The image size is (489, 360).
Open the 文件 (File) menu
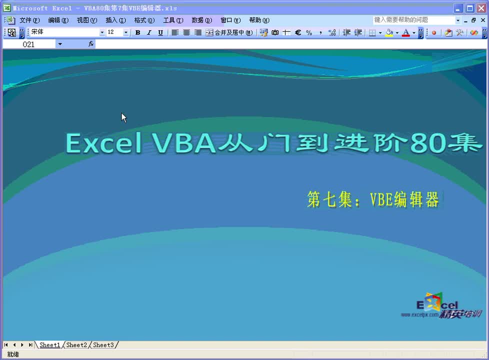pos(29,20)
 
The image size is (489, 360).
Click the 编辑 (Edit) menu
pos(58,20)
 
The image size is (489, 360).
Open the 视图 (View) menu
pos(86,20)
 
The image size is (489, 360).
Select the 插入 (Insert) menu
pos(115,20)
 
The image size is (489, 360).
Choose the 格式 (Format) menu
pos(144,20)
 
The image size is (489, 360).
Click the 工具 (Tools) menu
pos(173,20)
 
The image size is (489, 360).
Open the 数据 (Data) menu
pos(201,20)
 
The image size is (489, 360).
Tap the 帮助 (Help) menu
pos(259,20)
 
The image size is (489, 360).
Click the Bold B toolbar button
pos(137,32)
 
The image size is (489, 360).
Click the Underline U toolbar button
pos(160,32)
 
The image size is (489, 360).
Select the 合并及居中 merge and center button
pos(229,32)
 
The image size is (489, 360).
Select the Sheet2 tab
pos(76,345)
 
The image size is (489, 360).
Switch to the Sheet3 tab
pos(103,345)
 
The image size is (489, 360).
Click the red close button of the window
pos(481,8)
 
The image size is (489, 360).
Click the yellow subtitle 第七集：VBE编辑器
pos(373,199)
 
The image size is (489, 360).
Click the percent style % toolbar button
pos(309,32)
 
